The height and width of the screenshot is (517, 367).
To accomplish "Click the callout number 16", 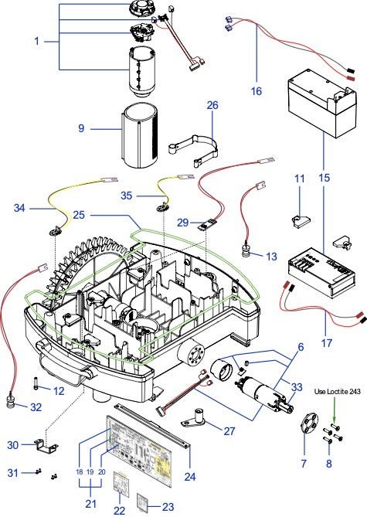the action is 257,91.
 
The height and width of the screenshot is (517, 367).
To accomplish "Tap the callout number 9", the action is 81,128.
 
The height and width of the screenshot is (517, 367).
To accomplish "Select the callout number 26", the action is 212,105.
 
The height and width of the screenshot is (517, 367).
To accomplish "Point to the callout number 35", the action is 126,196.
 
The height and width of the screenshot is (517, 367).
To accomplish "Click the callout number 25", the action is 79,216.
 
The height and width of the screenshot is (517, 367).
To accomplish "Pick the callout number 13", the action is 271,257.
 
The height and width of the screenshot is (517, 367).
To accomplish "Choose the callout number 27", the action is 229,431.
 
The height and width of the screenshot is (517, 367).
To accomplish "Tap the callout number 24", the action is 190,477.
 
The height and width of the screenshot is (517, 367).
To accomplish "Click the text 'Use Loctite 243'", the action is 338,392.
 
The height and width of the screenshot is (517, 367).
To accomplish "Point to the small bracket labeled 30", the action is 46,445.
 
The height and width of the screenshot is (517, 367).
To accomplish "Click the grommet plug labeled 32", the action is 12,403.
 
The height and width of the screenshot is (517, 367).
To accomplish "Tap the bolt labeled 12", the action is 36,384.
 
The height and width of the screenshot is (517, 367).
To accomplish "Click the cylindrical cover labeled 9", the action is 140,136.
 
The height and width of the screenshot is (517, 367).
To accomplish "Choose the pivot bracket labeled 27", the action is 195,418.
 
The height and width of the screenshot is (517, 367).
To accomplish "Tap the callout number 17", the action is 327,343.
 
